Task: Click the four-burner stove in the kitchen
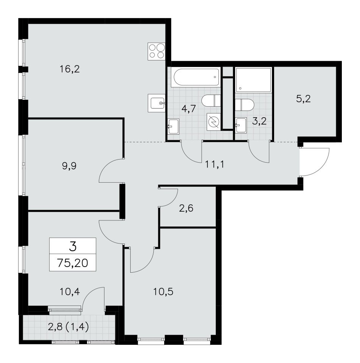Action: coord(156,51)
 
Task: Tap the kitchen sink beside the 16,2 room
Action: coord(156,103)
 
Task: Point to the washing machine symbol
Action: coord(214,122)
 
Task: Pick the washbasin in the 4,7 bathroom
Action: coord(173,126)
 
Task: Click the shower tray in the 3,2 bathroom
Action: coord(253,80)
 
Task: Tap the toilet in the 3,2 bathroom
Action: coord(245,105)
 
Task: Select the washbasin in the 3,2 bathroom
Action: coord(241,125)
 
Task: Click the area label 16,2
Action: coord(70,69)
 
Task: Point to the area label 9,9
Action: coord(69,166)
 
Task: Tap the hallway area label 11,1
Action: coord(214,164)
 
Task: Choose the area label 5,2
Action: coord(303,99)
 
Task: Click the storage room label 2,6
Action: coord(186,208)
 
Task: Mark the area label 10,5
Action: coord(163,292)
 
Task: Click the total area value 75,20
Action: coord(73,263)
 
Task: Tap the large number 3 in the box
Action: coord(73,246)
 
